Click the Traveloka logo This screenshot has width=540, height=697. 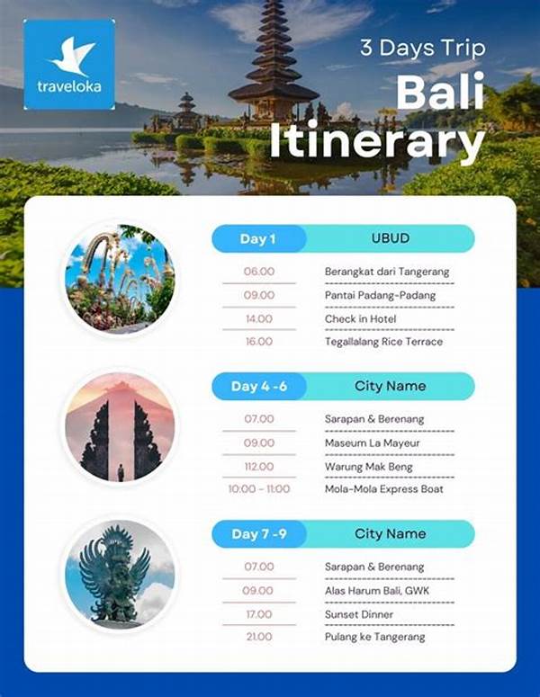[69, 64]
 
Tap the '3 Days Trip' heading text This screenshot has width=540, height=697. [422, 48]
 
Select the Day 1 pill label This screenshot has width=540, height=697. [258, 238]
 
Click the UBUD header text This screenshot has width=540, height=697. [390, 238]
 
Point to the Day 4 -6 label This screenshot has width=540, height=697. [258, 386]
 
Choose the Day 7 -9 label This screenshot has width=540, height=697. [258, 533]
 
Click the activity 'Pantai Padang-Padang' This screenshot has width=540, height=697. [380, 295]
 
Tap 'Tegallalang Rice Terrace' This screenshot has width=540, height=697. [383, 342]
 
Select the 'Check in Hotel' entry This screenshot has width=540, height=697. [361, 318]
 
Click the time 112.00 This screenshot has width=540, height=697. [259, 466]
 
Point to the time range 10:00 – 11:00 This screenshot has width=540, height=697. [259, 489]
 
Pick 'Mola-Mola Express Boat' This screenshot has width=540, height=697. [383, 489]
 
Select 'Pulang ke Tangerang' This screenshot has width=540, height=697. [375, 637]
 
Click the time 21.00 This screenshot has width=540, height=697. [259, 637]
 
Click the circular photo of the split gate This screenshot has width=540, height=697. [120, 426]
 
